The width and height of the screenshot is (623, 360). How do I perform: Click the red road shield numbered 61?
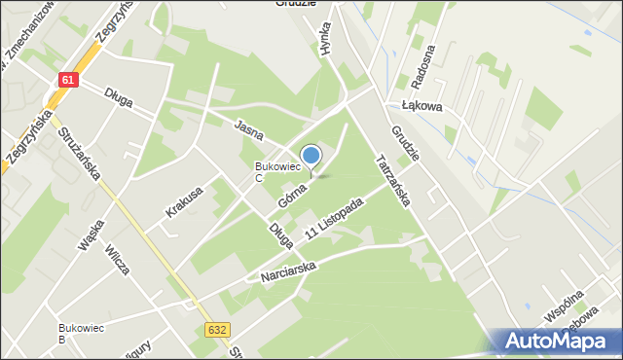coord(67,81)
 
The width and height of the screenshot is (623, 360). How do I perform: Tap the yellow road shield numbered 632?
coord(218,331)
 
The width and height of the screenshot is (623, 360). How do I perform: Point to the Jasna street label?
coord(249,128)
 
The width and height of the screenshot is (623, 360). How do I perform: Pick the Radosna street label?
coord(425,64)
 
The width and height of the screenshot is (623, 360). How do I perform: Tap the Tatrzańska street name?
coord(394,180)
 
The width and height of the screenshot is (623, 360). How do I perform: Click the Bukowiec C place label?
coord(272,172)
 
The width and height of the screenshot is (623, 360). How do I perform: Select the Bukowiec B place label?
coord(75,333)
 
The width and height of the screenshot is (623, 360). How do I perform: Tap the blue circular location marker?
coord(311,155)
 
